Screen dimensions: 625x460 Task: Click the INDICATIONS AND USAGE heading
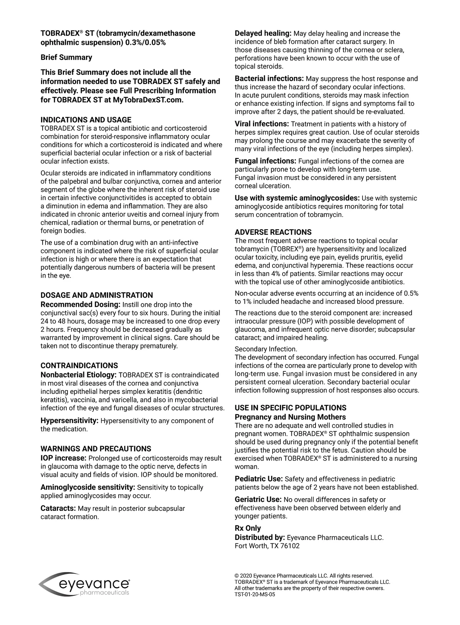pos(86,120)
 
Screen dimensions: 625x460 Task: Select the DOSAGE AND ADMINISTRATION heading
pos(97,295)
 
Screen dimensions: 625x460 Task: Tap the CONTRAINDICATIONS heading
pos(79,366)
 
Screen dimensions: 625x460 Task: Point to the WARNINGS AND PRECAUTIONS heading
pos(96,449)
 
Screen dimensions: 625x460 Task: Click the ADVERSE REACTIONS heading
pos(273,232)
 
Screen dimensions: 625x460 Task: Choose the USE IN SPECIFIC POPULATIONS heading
pos(290,408)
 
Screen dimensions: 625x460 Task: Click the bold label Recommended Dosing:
pos(80,305)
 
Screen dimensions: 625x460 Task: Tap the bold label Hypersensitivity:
pos(69,421)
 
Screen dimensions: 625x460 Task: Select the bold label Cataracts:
pos(58,509)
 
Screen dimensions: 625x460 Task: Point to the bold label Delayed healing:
pos(263,33)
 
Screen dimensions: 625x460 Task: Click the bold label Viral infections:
pos(262,124)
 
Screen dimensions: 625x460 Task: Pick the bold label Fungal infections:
pos(265,161)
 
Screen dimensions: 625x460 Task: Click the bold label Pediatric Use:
pos(259,479)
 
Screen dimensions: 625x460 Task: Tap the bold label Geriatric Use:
pos(258,500)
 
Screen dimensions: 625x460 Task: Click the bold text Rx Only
pos(248,528)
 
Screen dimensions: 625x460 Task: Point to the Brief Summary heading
pos(66,57)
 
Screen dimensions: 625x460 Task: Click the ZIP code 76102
pos(290,546)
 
